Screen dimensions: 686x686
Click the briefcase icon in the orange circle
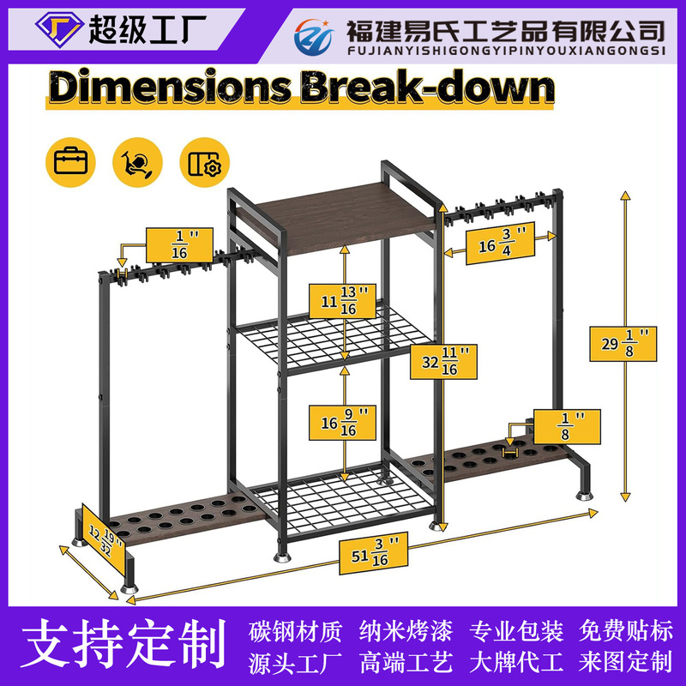coord(67,162)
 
